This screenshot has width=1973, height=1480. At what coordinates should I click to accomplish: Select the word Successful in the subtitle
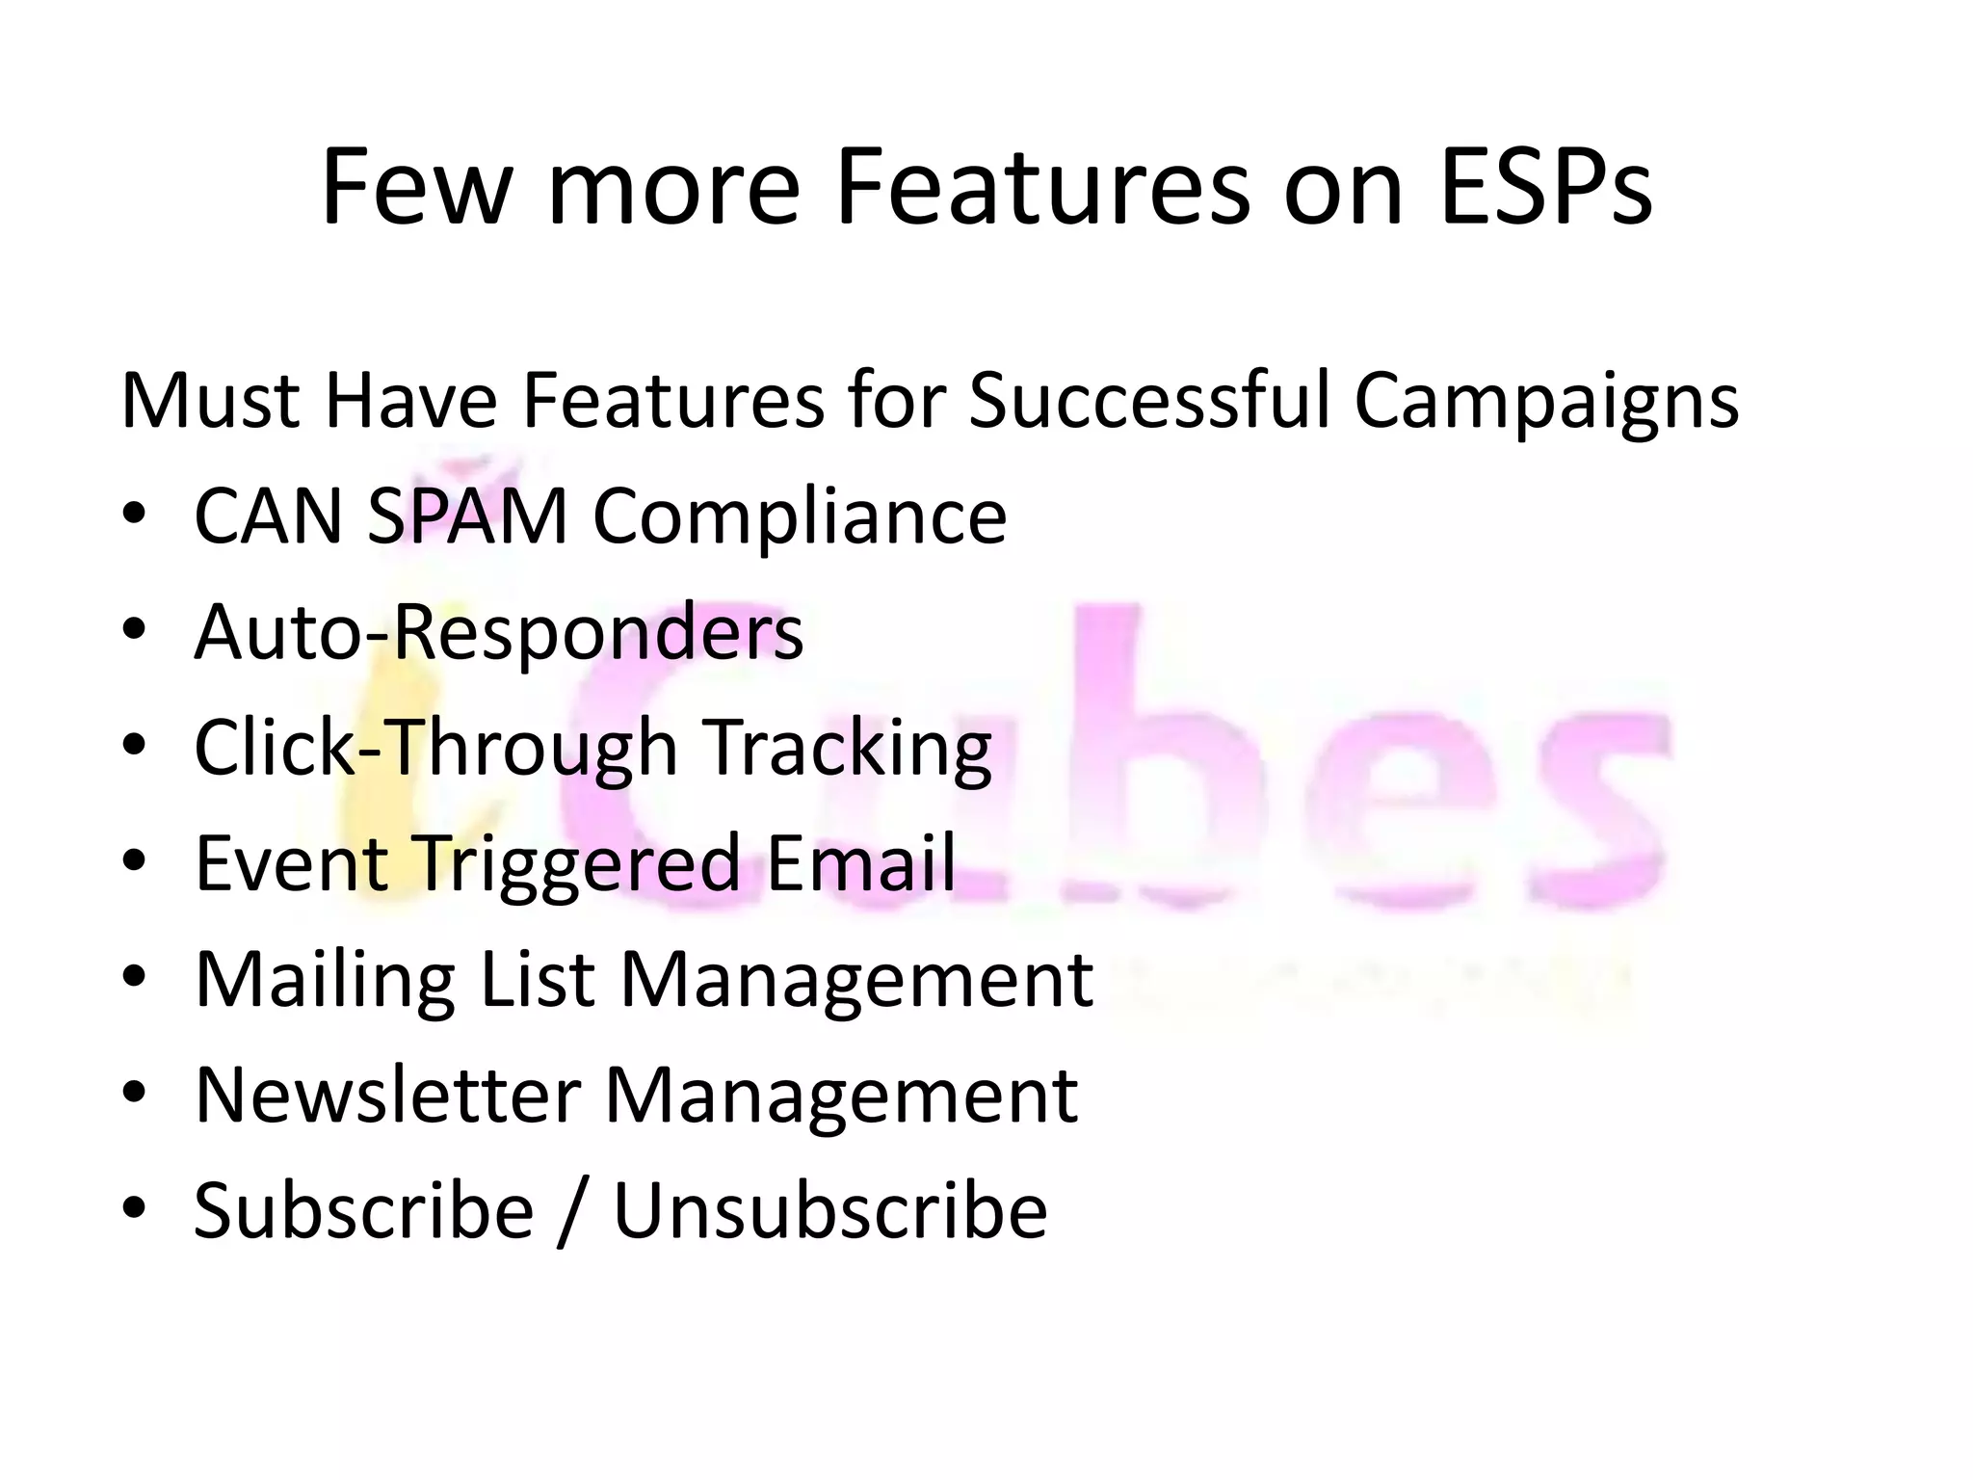1148,400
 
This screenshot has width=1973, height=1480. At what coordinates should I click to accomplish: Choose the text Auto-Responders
498,633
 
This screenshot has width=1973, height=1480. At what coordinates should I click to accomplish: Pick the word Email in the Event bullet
860,862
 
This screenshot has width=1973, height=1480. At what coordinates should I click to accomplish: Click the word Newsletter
387,1095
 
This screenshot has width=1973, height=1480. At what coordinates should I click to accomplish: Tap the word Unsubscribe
829,1210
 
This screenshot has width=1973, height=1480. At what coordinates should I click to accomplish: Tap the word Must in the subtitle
211,400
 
